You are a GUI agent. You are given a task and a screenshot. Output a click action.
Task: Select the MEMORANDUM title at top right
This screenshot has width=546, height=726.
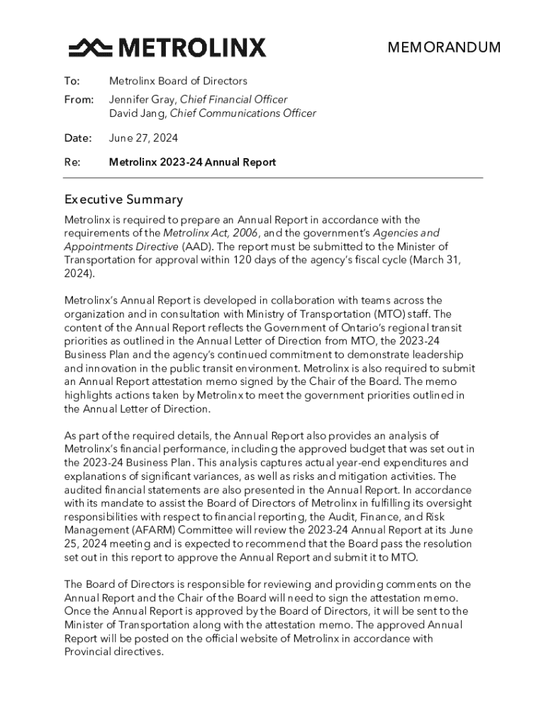[443, 48]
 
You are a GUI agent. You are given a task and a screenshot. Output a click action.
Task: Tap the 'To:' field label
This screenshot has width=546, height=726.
[72, 82]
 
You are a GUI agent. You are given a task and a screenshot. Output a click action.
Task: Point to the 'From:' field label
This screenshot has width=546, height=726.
[79, 100]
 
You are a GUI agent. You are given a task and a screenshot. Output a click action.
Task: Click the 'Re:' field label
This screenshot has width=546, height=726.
[72, 162]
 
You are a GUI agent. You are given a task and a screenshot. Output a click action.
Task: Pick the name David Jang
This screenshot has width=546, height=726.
[135, 113]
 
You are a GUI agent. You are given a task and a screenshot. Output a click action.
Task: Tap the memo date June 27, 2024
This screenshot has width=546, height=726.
[143, 138]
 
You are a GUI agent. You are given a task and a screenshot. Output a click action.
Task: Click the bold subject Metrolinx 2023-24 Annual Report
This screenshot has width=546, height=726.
[192, 162]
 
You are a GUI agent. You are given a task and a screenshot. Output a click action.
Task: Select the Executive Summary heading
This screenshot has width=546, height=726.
[123, 200]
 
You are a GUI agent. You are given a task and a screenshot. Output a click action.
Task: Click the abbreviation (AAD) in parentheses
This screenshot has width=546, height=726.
[195, 247]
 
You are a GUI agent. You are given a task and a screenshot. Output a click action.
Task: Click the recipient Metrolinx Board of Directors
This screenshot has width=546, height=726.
[178, 82]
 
